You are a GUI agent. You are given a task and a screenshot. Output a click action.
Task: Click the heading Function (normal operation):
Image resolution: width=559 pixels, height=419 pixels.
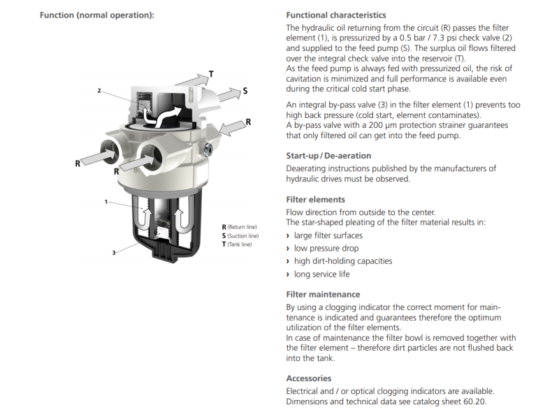(97, 15)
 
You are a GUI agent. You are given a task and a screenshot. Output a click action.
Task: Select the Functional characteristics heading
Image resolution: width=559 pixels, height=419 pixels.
(336, 15)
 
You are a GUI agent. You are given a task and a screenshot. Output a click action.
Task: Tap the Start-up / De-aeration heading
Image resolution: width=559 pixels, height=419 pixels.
(328, 156)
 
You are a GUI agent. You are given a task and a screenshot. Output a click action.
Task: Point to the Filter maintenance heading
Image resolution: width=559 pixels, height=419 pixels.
(323, 295)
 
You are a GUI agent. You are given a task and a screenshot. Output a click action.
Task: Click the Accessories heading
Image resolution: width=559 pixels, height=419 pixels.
(308, 378)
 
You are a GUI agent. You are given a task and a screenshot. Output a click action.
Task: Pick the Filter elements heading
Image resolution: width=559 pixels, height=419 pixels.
(316, 200)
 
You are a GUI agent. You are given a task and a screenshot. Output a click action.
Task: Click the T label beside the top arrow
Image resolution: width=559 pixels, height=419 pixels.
(212, 74)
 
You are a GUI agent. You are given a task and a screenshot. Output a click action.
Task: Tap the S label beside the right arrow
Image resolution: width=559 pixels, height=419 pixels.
(245, 90)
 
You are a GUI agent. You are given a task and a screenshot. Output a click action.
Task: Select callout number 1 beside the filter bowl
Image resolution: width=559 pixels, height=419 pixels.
(106, 202)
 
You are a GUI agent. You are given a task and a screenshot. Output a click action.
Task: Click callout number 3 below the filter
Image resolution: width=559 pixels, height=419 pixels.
(113, 252)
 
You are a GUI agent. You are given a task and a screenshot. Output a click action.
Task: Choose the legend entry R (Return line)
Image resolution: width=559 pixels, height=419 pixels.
(239, 228)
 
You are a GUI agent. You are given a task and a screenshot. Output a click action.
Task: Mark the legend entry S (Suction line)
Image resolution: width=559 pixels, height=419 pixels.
(240, 236)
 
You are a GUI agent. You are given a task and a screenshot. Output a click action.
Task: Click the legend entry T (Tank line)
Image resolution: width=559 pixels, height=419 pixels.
(236, 244)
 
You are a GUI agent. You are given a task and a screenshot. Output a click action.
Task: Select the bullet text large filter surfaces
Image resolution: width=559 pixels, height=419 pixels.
(328, 235)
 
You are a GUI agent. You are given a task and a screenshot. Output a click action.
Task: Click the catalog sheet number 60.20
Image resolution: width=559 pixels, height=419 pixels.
(474, 402)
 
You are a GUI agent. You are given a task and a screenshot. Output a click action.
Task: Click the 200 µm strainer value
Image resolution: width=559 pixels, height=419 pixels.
(361, 125)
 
